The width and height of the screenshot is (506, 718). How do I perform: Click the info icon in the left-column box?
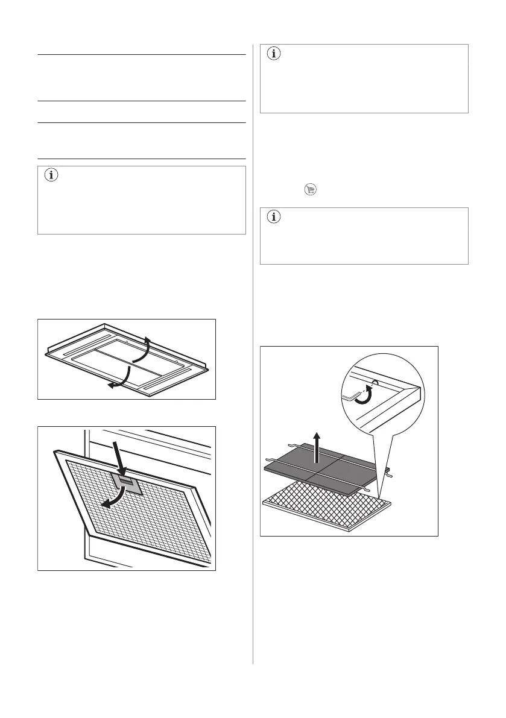(x=52, y=177)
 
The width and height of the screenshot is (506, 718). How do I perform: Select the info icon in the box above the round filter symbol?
(x=274, y=54)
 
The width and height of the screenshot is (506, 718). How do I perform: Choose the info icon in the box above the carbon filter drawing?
(x=274, y=218)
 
